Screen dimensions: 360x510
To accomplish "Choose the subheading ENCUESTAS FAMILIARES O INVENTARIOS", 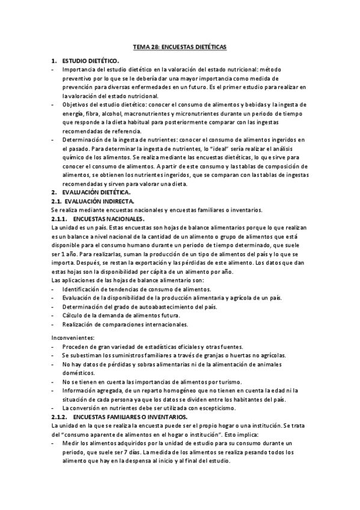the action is point(130,417).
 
